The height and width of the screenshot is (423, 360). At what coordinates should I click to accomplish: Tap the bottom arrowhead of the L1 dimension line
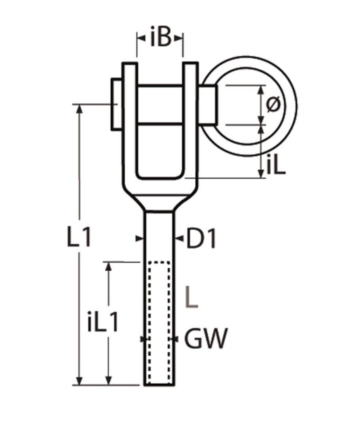pos(79,380)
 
